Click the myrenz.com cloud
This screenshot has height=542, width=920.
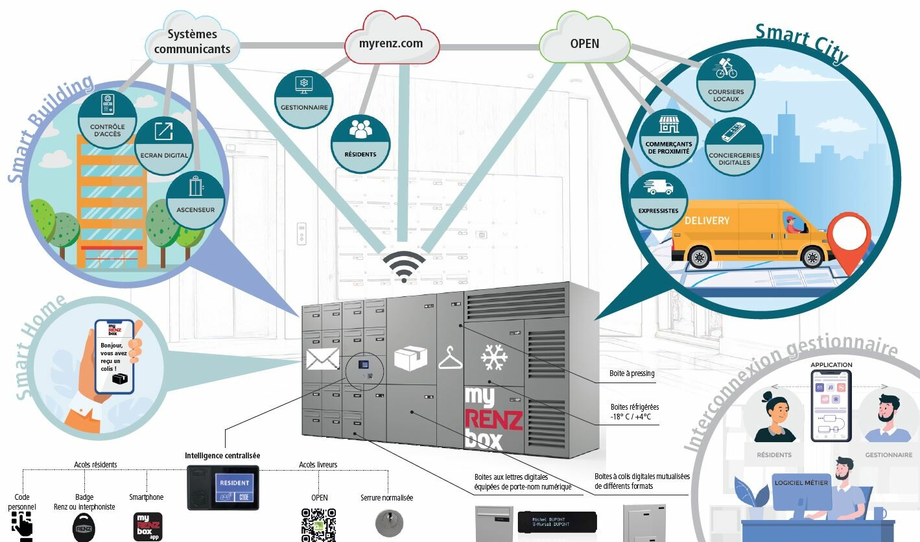click(x=391, y=44)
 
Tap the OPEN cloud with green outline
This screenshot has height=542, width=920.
click(x=584, y=44)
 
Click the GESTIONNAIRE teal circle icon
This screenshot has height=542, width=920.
click(x=304, y=99)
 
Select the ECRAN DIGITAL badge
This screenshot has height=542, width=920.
click(x=164, y=145)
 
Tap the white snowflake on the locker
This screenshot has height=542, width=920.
click(x=494, y=358)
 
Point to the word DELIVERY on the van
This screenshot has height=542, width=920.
click(x=707, y=220)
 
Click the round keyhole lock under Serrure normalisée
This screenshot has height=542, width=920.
click(x=388, y=522)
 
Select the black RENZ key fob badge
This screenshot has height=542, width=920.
click(x=84, y=527)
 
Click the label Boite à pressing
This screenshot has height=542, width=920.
click(x=631, y=373)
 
